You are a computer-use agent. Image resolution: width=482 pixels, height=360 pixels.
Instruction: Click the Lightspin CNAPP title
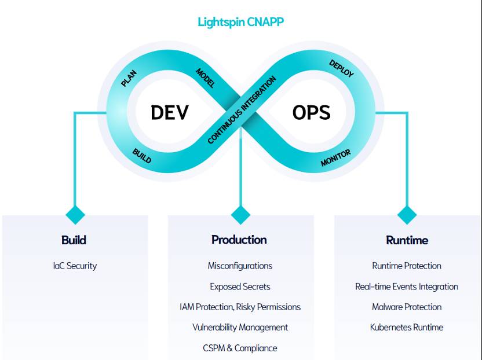pyautogui.click(x=240, y=23)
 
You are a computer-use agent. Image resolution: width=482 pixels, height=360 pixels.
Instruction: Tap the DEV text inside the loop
pyautogui.click(x=169, y=112)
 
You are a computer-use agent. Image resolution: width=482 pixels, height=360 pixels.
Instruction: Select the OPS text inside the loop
pyautogui.click(x=311, y=112)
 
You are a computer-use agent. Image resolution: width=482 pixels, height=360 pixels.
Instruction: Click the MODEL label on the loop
pyautogui.click(x=205, y=78)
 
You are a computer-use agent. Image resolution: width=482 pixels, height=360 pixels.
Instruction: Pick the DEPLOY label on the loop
pyautogui.click(x=341, y=68)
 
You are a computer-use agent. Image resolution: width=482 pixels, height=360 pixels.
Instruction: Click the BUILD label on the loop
pyautogui.click(x=142, y=156)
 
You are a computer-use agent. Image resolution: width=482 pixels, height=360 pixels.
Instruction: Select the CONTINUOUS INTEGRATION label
pyautogui.click(x=242, y=110)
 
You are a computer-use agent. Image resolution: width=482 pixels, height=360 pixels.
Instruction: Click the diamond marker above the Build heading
pyautogui.click(x=75, y=215)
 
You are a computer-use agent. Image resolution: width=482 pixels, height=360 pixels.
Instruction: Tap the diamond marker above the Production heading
pyautogui.click(x=240, y=215)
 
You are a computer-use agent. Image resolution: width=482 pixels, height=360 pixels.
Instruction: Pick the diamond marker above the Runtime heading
pyautogui.click(x=407, y=215)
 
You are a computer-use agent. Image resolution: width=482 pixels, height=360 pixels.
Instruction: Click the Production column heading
pyautogui.click(x=239, y=240)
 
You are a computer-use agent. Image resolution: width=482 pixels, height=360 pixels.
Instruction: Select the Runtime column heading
pyautogui.click(x=407, y=240)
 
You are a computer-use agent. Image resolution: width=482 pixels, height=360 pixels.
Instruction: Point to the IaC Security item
pyautogui.click(x=75, y=266)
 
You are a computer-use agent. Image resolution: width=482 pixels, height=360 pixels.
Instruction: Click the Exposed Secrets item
pyautogui.click(x=240, y=286)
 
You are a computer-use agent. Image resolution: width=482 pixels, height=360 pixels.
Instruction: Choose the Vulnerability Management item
pyautogui.click(x=240, y=327)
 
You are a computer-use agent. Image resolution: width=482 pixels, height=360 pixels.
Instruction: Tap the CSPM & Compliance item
pyautogui.click(x=240, y=348)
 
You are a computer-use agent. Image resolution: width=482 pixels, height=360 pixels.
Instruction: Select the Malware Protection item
pyautogui.click(x=407, y=307)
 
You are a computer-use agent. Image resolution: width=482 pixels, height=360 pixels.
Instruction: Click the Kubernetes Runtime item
pyautogui.click(x=407, y=327)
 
